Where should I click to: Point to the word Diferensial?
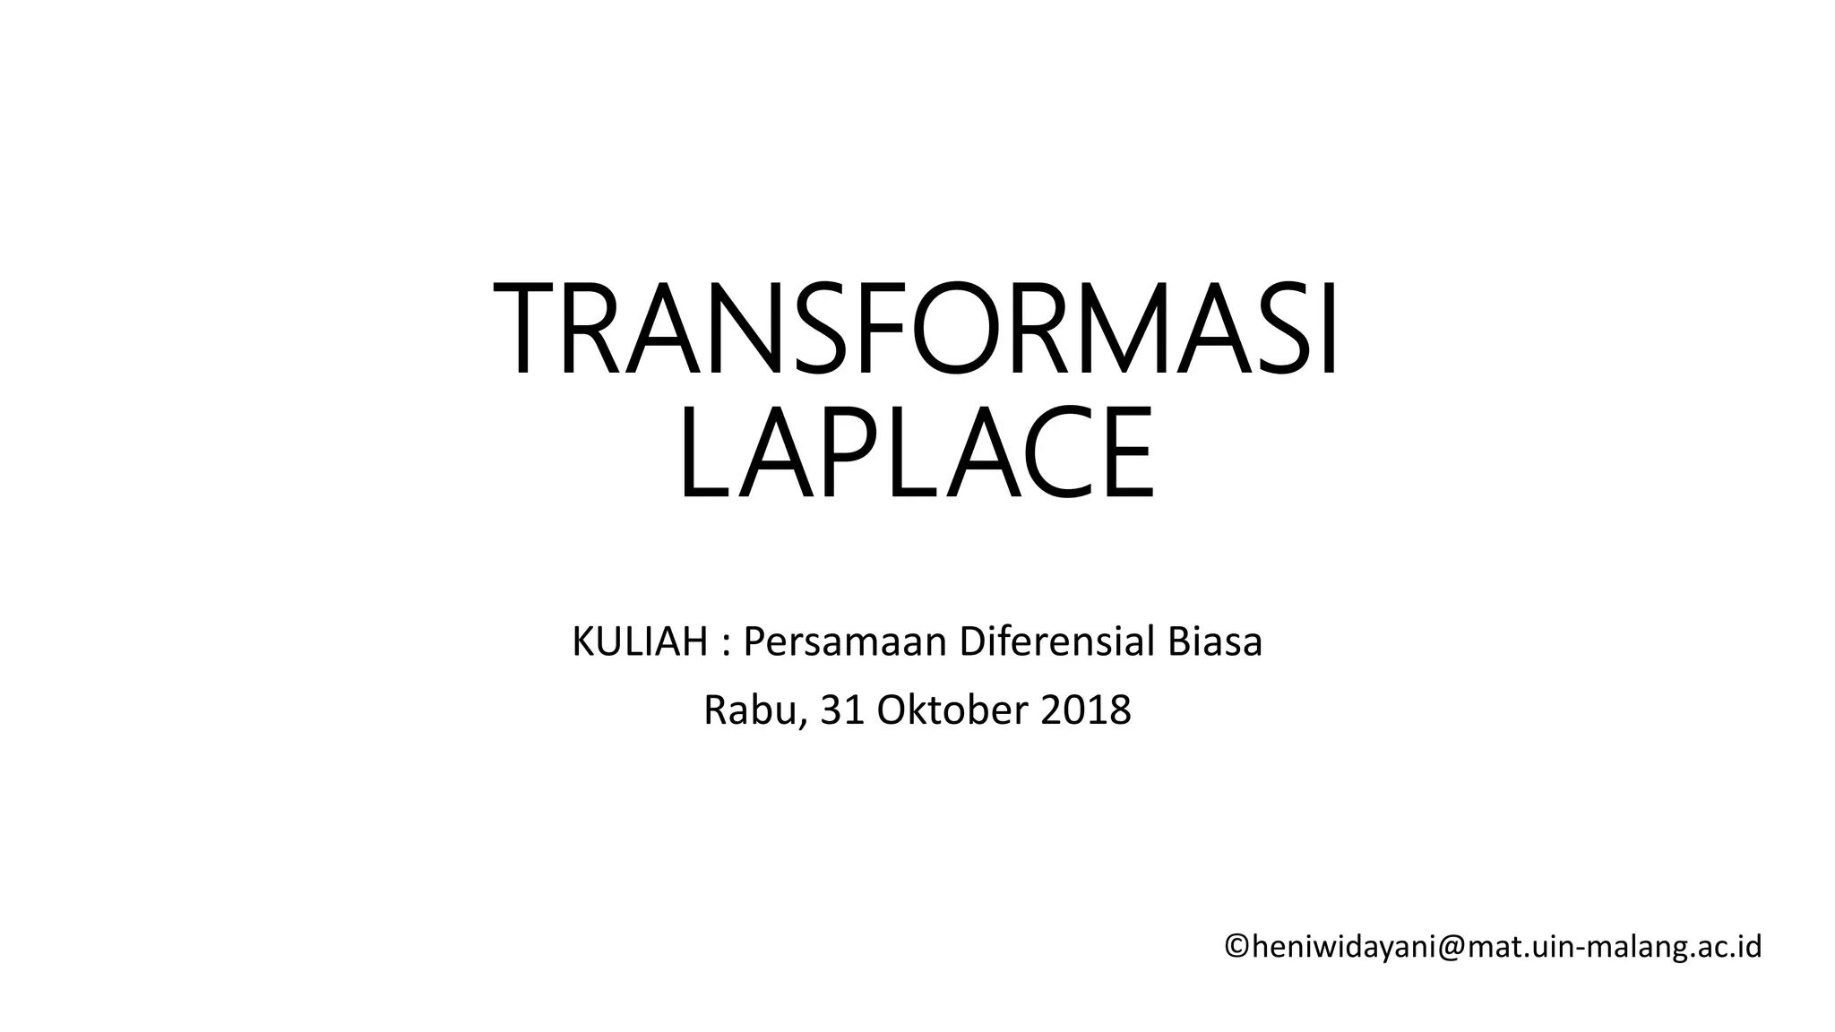click(1055, 642)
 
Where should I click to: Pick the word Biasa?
click(1215, 642)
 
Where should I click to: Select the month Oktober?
click(952, 710)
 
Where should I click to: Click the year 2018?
click(1086, 710)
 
